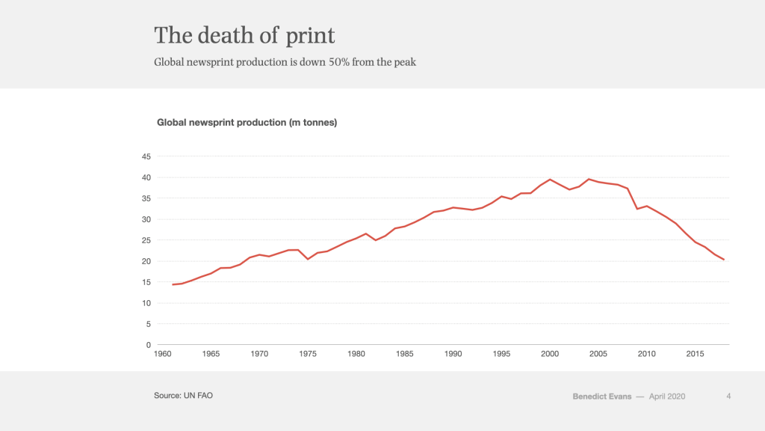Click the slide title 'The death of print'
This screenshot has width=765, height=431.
tap(244, 35)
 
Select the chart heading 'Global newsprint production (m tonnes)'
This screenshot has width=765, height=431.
tap(247, 122)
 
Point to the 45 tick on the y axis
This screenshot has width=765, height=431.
tap(146, 156)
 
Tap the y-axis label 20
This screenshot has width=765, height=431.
tap(146, 261)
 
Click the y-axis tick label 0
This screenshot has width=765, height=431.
tap(149, 345)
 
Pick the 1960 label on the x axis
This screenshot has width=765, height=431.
tap(163, 353)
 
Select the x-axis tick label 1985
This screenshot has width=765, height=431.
tap(405, 353)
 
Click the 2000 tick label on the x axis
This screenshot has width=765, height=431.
tap(550, 353)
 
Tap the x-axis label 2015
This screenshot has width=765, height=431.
tap(695, 353)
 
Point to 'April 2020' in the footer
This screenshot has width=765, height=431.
tap(667, 396)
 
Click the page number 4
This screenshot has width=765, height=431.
tap(728, 396)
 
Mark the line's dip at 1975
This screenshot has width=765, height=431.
tap(308, 259)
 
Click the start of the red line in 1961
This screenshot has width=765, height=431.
tap(173, 284)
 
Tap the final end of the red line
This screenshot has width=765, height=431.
tap(724, 260)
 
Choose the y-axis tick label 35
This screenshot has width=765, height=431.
tap(146, 198)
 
